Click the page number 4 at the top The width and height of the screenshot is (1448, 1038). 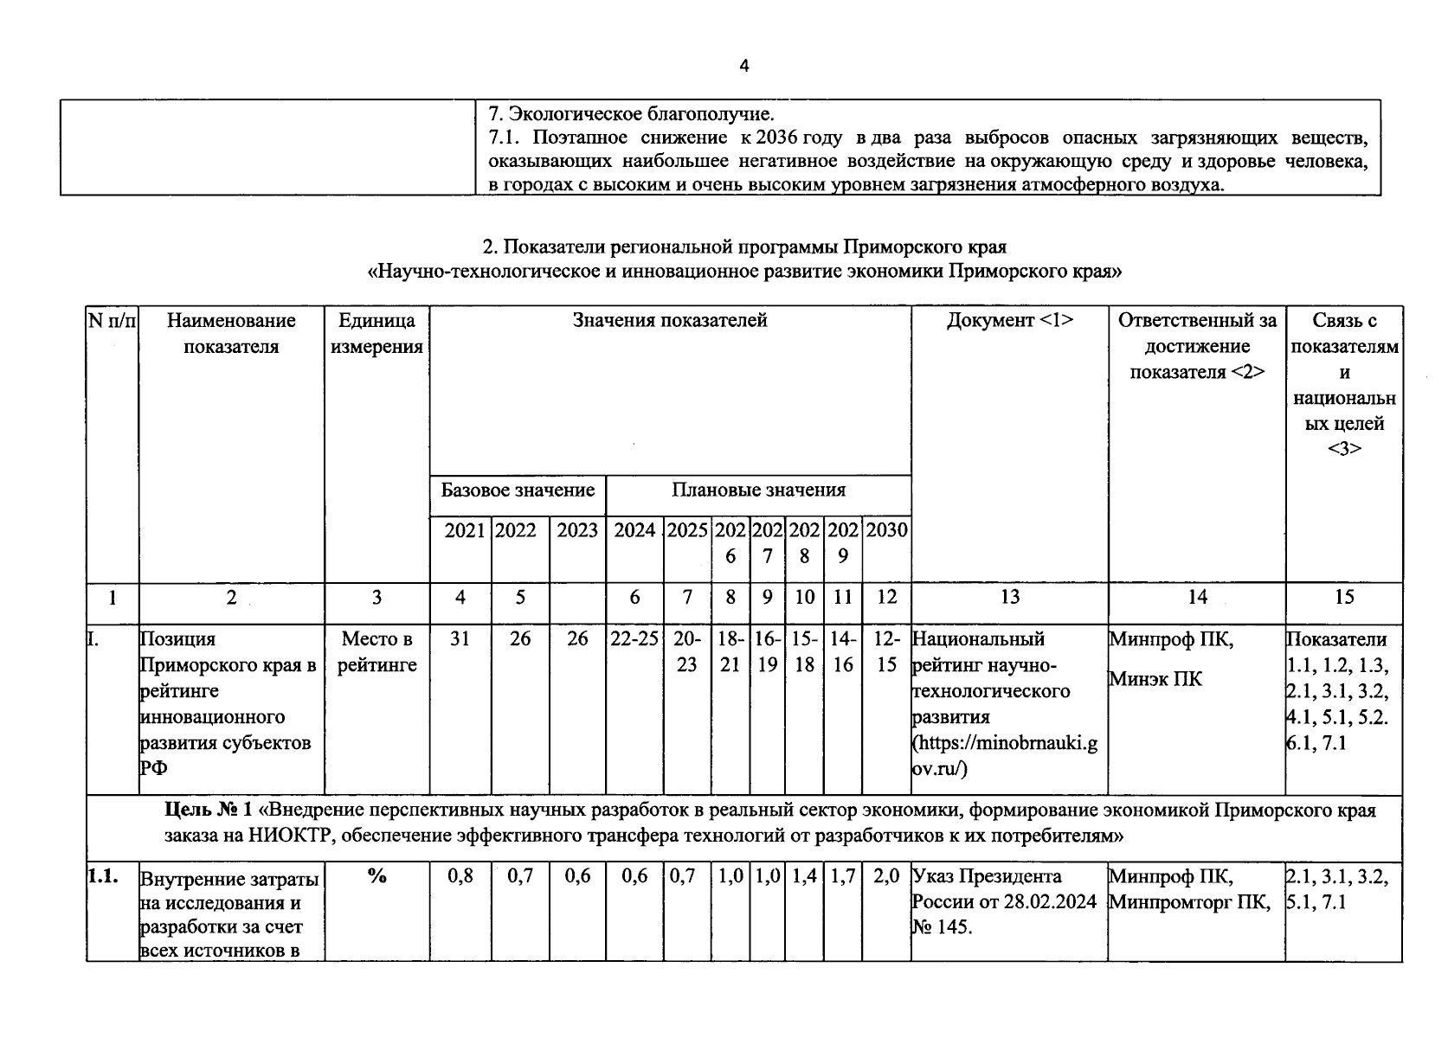tap(744, 67)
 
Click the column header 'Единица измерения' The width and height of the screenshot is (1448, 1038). tap(376, 334)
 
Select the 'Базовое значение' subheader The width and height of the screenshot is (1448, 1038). tap(518, 490)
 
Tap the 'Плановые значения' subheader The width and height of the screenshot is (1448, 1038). tap(758, 490)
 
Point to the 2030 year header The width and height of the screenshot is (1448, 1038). tap(886, 530)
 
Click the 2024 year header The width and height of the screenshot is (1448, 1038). tap(634, 530)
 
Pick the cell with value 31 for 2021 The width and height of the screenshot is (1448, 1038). tap(460, 639)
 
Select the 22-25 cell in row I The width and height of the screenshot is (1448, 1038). tap(634, 639)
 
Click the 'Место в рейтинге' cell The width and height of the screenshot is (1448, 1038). tap(376, 652)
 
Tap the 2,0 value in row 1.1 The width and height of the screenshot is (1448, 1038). tap(886, 876)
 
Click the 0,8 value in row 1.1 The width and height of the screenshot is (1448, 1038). tap(460, 876)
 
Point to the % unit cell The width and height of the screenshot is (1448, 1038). tap(376, 876)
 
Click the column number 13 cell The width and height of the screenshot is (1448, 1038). tap(1009, 597)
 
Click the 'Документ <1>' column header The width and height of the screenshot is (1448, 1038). tap(1009, 321)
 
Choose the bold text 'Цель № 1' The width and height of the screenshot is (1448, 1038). tap(209, 811)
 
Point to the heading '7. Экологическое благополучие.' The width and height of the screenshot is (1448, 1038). tap(632, 114)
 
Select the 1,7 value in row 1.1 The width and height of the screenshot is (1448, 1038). tap(842, 876)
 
